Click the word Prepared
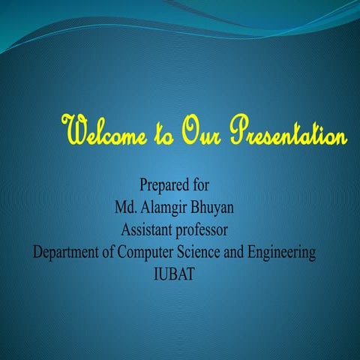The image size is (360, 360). [162, 184]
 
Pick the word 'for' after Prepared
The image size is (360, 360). [198, 184]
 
